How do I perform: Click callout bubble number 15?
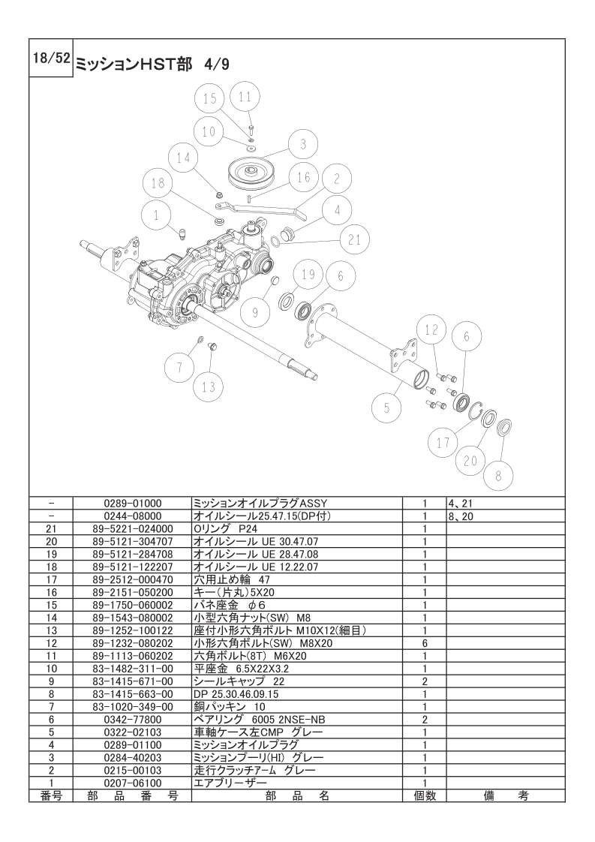(210, 98)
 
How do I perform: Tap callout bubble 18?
(157, 183)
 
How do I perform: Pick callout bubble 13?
(208, 387)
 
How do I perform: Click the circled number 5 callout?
(386, 408)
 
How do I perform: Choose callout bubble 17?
(443, 443)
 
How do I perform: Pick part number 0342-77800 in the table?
(133, 718)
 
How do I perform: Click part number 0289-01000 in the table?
(133, 504)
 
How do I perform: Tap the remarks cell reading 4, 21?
(458, 504)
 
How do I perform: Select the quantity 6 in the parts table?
(424, 643)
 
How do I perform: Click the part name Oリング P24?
(224, 528)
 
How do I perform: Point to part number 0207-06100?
(133, 783)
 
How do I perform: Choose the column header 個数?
(424, 795)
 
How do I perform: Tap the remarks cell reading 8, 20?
(458, 516)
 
